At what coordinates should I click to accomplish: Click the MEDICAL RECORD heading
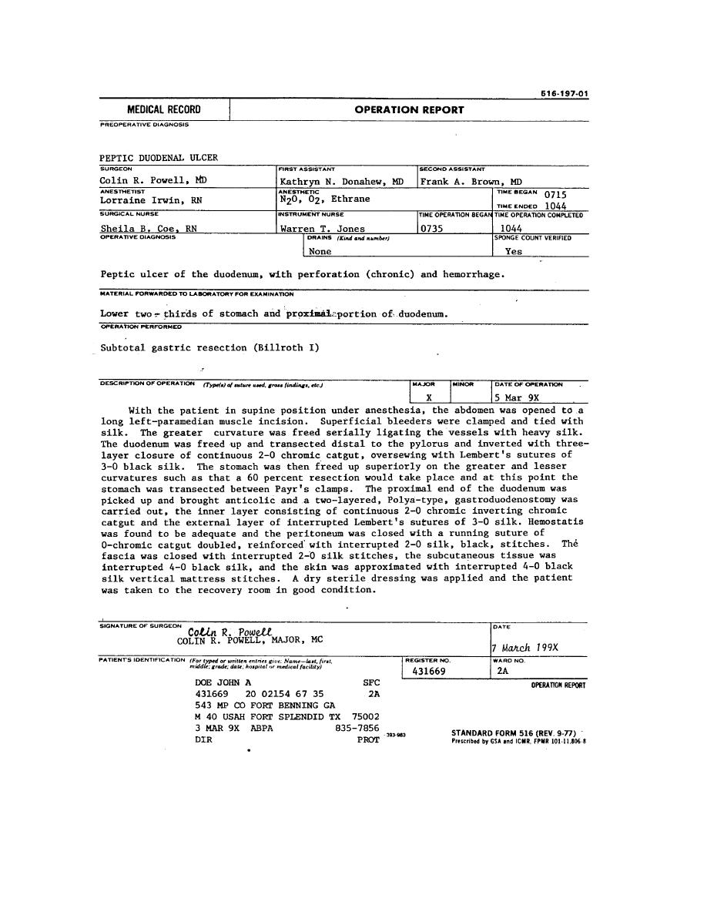click(163, 110)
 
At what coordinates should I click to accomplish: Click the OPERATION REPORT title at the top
click(409, 110)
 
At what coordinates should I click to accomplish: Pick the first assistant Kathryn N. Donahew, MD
click(342, 182)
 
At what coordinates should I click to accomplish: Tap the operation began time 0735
click(431, 229)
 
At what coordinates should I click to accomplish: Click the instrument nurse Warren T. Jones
click(323, 229)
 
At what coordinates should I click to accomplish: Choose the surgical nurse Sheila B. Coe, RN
click(149, 229)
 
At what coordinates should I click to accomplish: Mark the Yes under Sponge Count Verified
click(514, 251)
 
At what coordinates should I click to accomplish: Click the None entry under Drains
click(320, 251)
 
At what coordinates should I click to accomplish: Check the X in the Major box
click(428, 398)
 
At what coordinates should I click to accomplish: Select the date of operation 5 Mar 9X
click(518, 398)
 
